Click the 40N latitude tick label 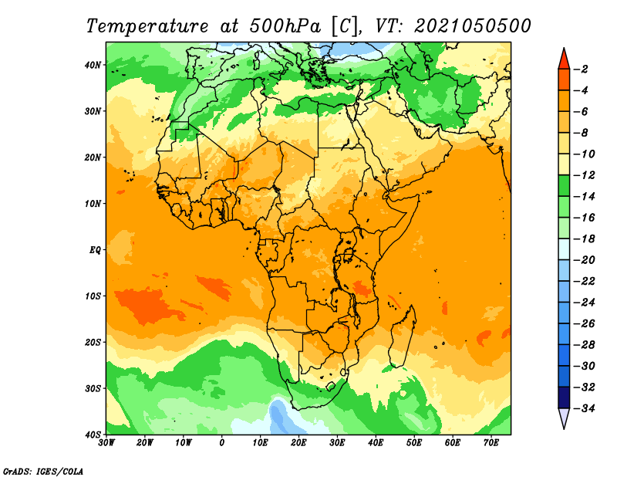[93, 65]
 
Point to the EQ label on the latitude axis [95, 250]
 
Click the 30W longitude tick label [106, 443]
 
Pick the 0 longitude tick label [222, 443]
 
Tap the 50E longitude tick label [414, 443]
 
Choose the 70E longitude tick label [491, 443]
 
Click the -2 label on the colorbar [581, 69]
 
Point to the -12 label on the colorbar [584, 175]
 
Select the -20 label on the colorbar [584, 260]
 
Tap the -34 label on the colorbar [584, 408]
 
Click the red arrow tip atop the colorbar [564, 49]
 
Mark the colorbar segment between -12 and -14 [564, 186]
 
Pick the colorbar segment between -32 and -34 [564, 397]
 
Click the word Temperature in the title [147, 26]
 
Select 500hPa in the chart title [285, 26]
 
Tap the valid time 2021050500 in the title [473, 26]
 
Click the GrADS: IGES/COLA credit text [43, 472]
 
